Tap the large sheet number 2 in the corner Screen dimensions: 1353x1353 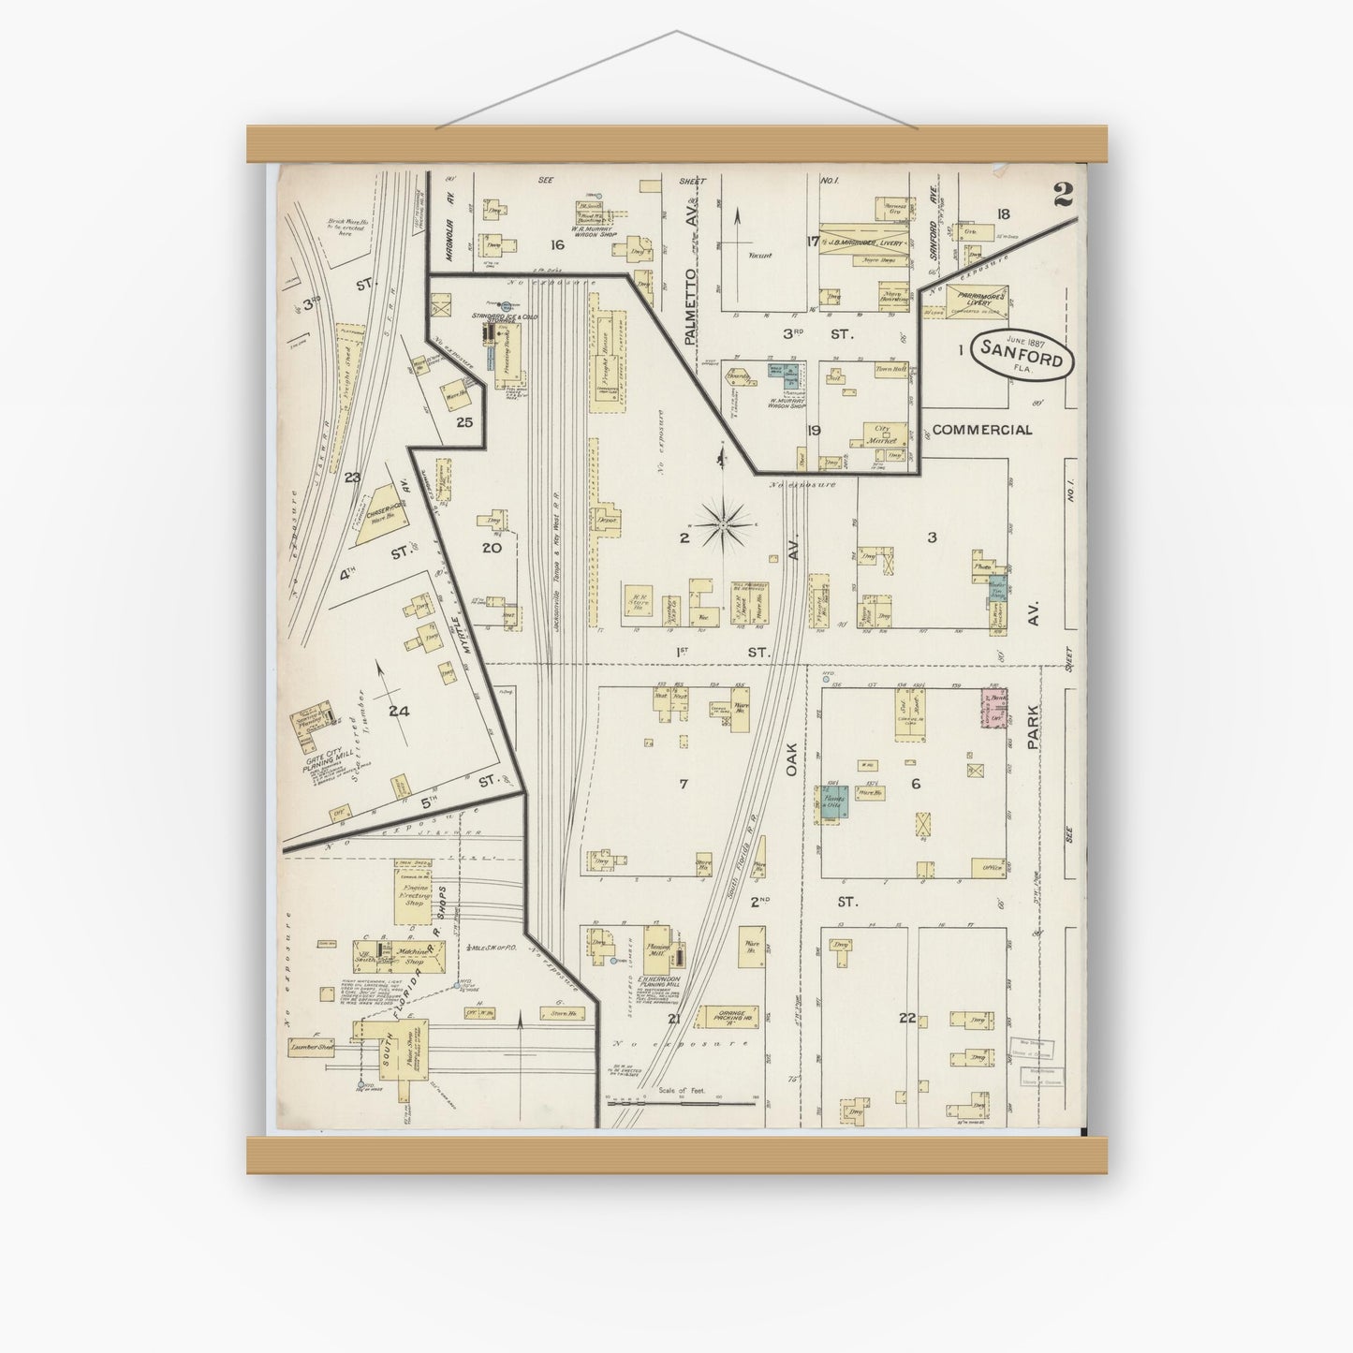tap(1062, 195)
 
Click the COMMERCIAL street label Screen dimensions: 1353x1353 tap(982, 430)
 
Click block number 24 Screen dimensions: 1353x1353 tap(399, 712)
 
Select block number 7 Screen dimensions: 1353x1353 tap(684, 784)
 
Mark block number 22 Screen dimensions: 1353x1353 tap(905, 1018)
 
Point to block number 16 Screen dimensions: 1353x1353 tap(557, 244)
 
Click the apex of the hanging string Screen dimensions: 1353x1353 tap(676, 33)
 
